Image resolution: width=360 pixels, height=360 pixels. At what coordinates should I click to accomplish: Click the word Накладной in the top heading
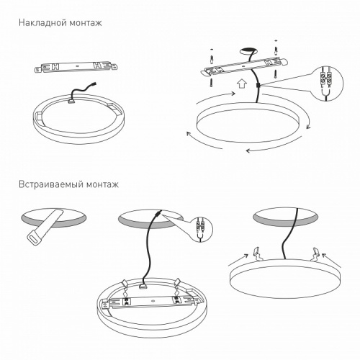(42, 23)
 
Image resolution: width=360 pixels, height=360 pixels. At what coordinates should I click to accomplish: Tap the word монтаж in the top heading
(84, 23)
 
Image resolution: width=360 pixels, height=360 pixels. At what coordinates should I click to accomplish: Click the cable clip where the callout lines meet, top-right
(258, 86)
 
